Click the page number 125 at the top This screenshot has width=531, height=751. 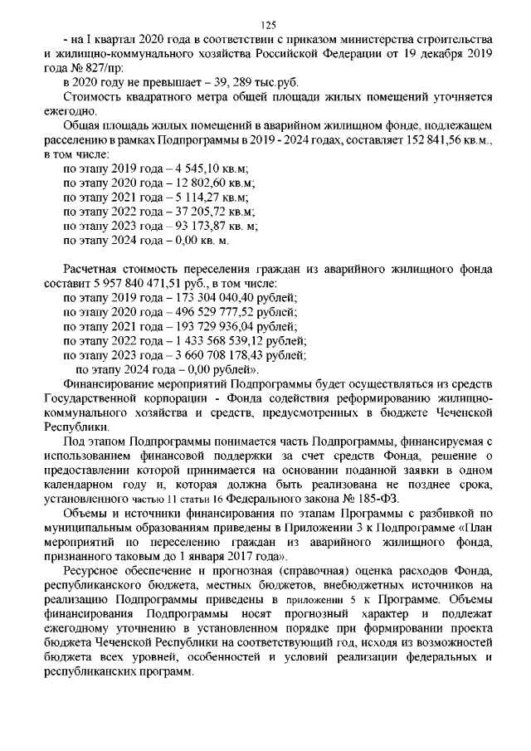pyautogui.click(x=266, y=25)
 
